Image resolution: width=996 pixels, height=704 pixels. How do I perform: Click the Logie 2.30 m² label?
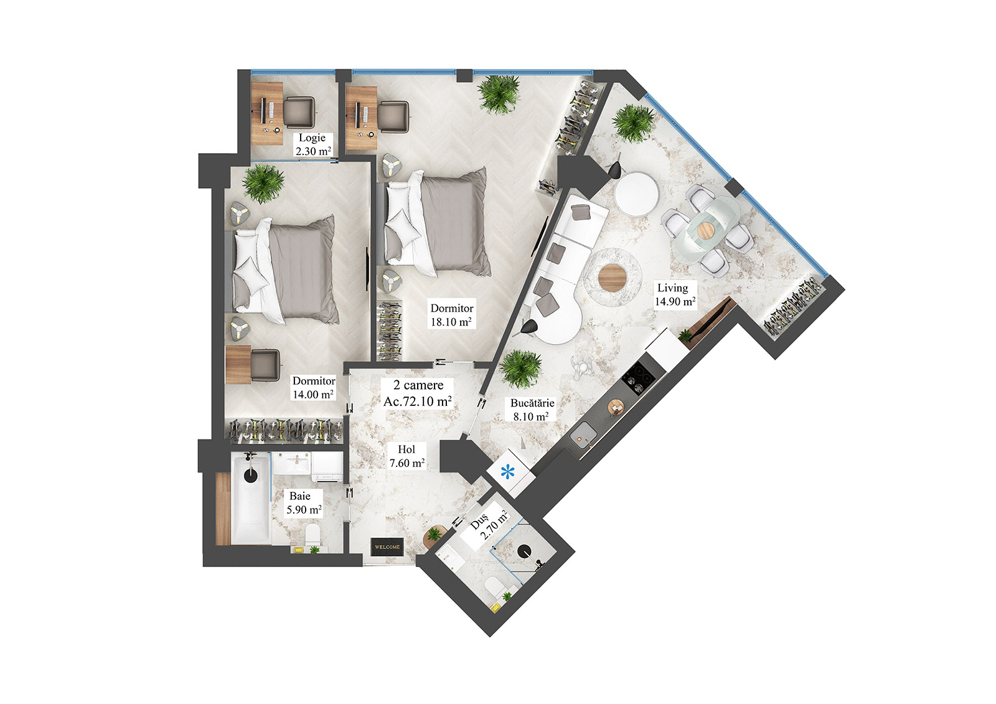[x=312, y=144]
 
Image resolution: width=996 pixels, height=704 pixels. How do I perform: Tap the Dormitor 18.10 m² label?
[x=451, y=315]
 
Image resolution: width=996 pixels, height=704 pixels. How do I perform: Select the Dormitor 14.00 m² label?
[x=313, y=387]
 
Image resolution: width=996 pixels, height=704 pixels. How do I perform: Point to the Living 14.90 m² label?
[x=674, y=294]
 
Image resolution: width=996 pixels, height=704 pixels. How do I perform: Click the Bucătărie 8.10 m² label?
[x=532, y=410]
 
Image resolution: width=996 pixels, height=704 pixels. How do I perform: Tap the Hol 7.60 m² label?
[x=406, y=456]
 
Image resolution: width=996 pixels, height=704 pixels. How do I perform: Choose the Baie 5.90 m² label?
[x=303, y=503]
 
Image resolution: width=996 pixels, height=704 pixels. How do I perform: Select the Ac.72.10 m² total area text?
[x=417, y=401]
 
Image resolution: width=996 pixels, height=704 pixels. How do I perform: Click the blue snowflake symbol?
[x=508, y=472]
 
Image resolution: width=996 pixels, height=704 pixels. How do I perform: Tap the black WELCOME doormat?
[x=387, y=547]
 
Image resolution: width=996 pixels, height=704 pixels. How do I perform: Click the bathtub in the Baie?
[x=250, y=498]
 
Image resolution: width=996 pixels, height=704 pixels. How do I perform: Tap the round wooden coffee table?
[x=612, y=275]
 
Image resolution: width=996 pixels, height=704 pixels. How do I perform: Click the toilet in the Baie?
[x=312, y=534]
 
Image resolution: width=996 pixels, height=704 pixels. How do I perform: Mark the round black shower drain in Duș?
[x=525, y=551]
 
